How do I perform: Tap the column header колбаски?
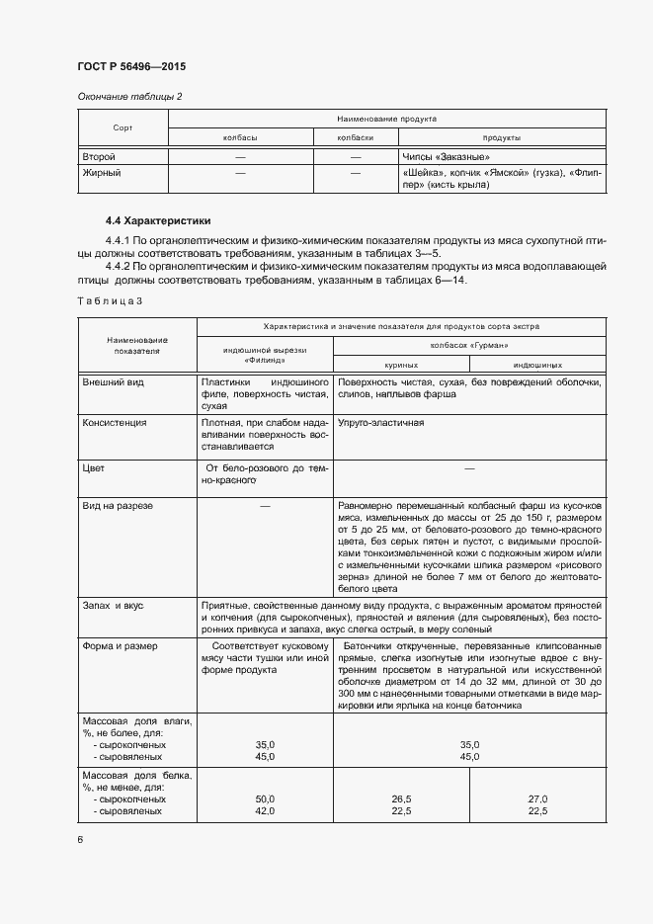[356, 138]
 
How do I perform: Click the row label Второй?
[99, 157]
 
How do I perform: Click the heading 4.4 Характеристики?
[157, 220]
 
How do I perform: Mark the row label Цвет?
[95, 466]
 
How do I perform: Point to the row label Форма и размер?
[122, 646]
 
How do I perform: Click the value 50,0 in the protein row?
[265, 798]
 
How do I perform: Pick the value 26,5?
[401, 798]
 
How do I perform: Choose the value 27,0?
[538, 798]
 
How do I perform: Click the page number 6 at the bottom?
[80, 840]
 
